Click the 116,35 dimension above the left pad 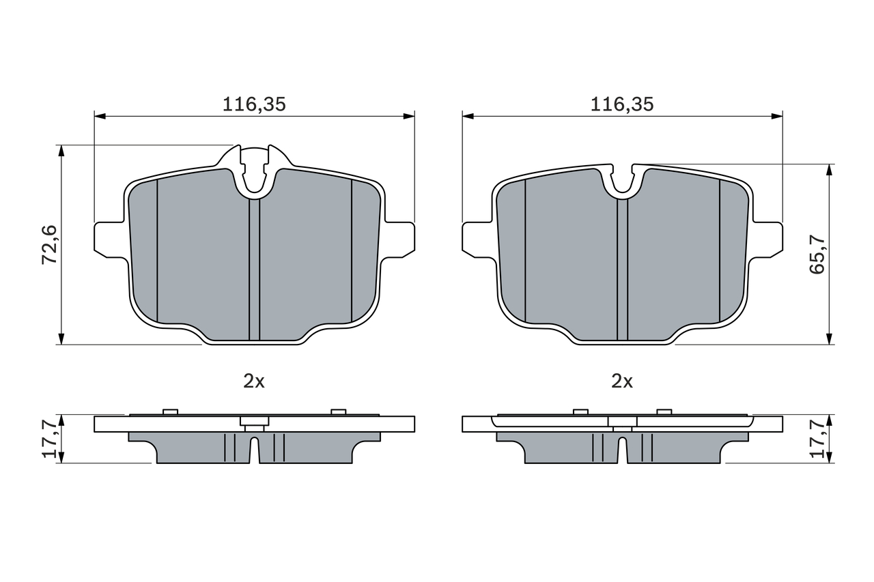tap(254, 104)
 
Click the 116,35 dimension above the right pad tap(622, 104)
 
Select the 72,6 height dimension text tap(50, 245)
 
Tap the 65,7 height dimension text tap(817, 254)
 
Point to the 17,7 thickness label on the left tap(51, 439)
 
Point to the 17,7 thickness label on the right tap(817, 439)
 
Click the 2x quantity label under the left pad tap(254, 381)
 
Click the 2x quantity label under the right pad tap(622, 381)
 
